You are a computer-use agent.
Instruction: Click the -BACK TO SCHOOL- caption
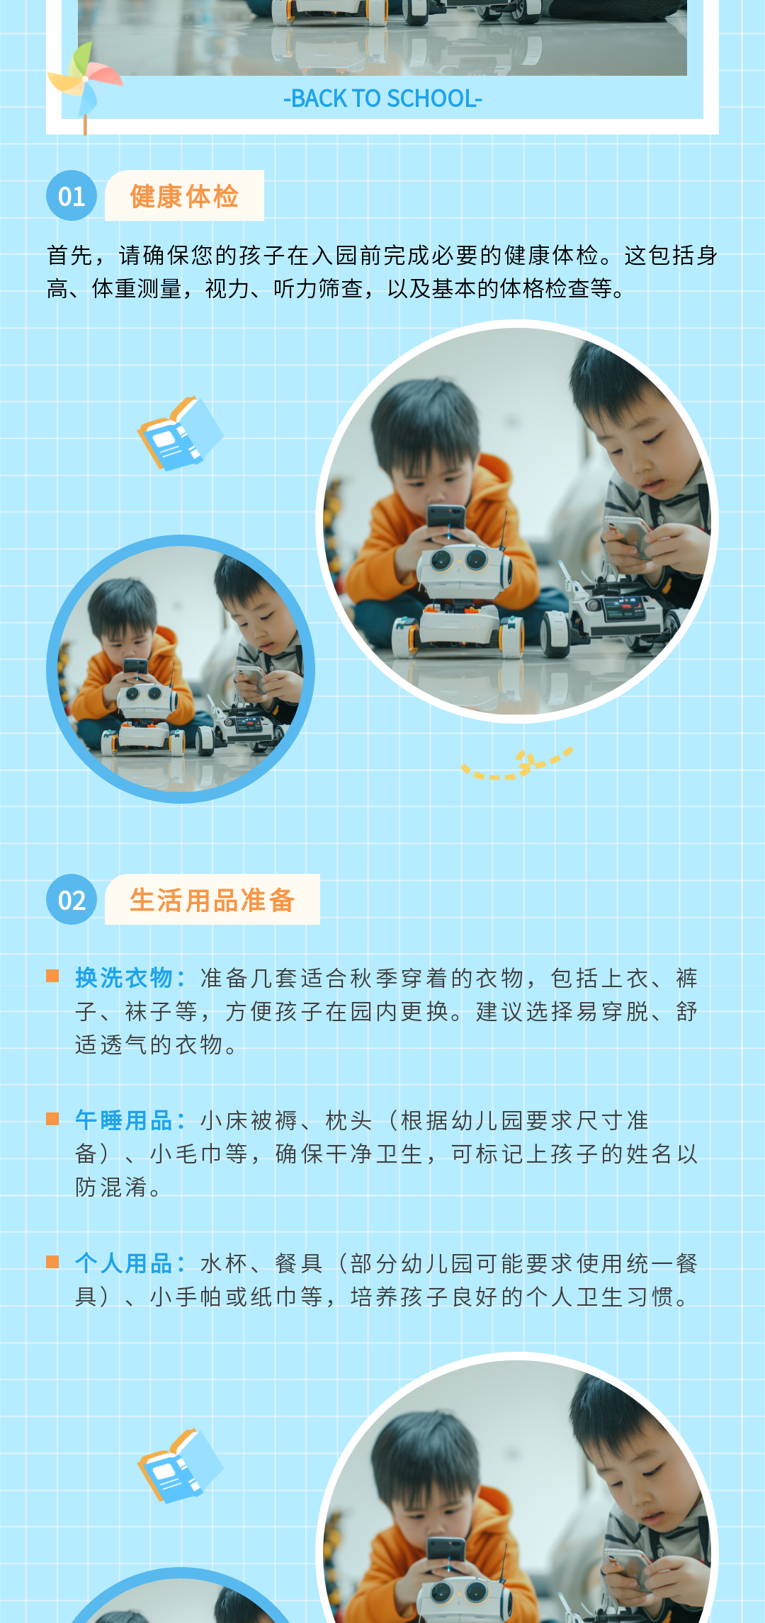[x=382, y=98]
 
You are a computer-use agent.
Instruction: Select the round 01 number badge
[x=72, y=195]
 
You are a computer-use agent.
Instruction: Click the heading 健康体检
[x=184, y=196]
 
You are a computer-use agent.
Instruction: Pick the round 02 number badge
[x=72, y=899]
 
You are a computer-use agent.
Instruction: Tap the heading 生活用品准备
[x=212, y=900]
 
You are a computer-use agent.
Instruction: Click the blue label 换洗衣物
[x=124, y=978]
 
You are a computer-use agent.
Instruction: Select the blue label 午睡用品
[x=124, y=1120]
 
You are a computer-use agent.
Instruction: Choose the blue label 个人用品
[x=124, y=1263]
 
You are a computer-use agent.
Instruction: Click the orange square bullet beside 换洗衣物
[x=52, y=976]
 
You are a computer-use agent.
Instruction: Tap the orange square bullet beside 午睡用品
[x=52, y=1119]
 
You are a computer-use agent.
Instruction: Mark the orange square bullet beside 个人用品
[x=52, y=1262]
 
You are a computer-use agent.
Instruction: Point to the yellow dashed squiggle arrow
[x=517, y=765]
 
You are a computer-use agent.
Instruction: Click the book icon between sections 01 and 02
[x=180, y=433]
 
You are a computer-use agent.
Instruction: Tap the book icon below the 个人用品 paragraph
[x=180, y=1466]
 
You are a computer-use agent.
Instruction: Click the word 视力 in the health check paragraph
[x=228, y=289]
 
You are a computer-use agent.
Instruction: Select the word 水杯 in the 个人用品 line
[x=225, y=1263]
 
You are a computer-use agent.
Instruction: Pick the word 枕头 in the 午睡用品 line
[x=349, y=1120]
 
